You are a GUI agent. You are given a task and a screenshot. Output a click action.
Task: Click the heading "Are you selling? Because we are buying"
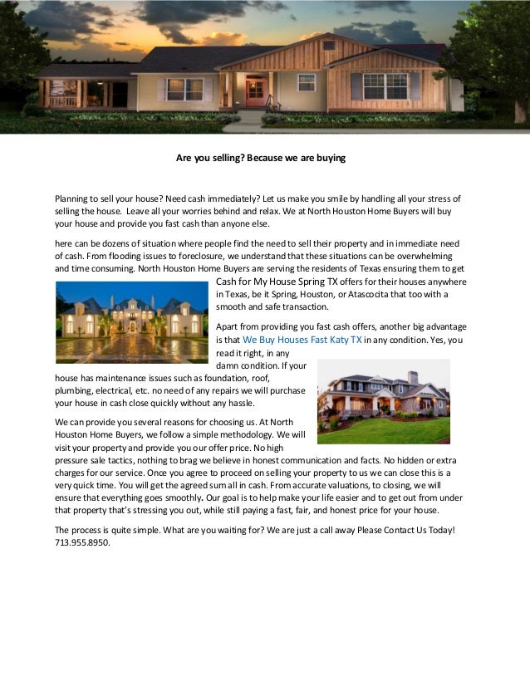coord(260,157)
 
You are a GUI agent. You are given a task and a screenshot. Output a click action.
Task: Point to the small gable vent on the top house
coord(328,45)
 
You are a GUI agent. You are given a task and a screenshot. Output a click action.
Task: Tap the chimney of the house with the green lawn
coord(413,377)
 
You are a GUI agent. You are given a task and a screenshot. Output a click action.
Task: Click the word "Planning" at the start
coord(72,199)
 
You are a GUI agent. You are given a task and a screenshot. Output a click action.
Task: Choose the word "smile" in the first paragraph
coord(335,199)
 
